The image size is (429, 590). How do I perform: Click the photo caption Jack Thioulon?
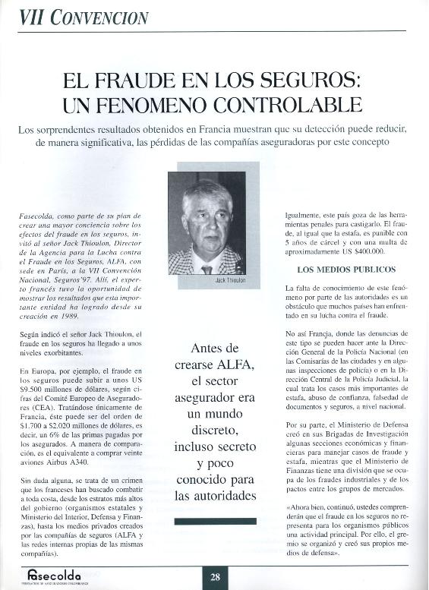(x=232, y=281)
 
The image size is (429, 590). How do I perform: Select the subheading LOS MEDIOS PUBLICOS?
(x=336, y=269)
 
